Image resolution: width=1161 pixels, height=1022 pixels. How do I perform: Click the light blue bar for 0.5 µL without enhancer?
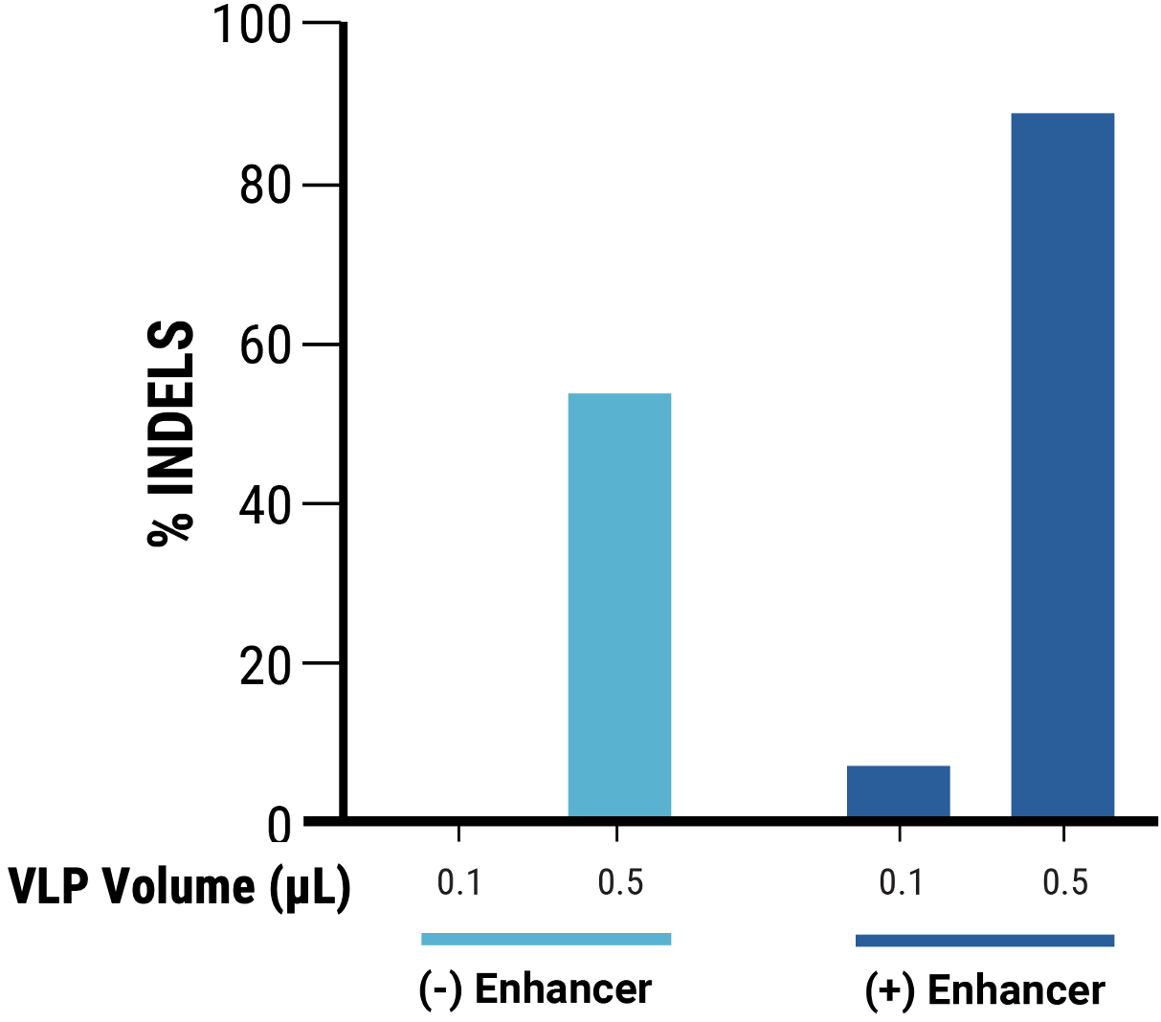coord(619,605)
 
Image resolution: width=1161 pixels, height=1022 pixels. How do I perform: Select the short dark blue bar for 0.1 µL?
coord(898,791)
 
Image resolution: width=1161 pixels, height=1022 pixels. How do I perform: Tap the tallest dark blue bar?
coord(1062,465)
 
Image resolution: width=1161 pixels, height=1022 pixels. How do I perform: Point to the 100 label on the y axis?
coord(251,25)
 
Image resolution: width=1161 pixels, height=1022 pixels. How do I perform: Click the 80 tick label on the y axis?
coord(264,186)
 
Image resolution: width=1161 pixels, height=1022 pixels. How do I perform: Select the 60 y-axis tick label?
coord(264,345)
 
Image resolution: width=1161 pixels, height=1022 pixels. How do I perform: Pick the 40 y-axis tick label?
coord(264,505)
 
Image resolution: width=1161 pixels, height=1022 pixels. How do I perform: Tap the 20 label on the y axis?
coord(264,665)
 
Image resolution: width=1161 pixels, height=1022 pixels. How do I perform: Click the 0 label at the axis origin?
coord(279,825)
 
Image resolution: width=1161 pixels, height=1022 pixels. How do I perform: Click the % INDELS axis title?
coord(172,433)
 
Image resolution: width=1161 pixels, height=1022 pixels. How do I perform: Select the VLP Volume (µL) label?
coord(179,886)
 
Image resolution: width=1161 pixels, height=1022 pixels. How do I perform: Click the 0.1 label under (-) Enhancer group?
coord(459,882)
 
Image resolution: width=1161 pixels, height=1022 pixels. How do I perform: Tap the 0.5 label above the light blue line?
coord(620,882)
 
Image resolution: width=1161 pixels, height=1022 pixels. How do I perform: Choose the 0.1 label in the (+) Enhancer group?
coord(901,882)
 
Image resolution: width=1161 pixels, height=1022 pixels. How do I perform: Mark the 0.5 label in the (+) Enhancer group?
coord(1065,882)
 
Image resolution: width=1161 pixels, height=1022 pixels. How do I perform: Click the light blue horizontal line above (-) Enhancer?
coord(546,939)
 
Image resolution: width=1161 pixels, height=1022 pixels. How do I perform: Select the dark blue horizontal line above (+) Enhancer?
coord(984,941)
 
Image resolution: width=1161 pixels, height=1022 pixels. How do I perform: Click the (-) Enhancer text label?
coord(535,989)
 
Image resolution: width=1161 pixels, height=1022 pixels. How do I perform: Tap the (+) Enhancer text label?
coord(984,990)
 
